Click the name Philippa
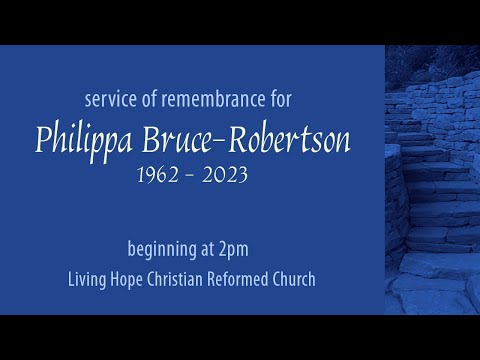pos(84,140)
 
